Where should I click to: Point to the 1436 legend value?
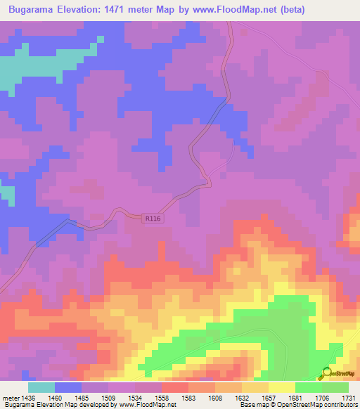30,398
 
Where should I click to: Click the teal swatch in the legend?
41,387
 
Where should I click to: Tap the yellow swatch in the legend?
282,387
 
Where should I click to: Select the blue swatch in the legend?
68,387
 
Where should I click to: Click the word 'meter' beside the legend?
11,398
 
